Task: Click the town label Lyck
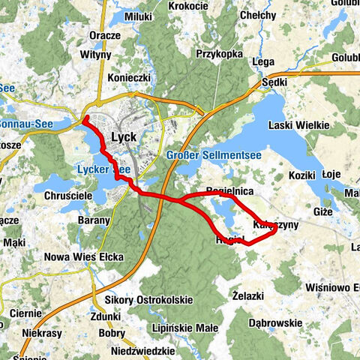(122, 137)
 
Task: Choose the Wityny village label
(97, 55)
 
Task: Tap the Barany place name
(94, 220)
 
